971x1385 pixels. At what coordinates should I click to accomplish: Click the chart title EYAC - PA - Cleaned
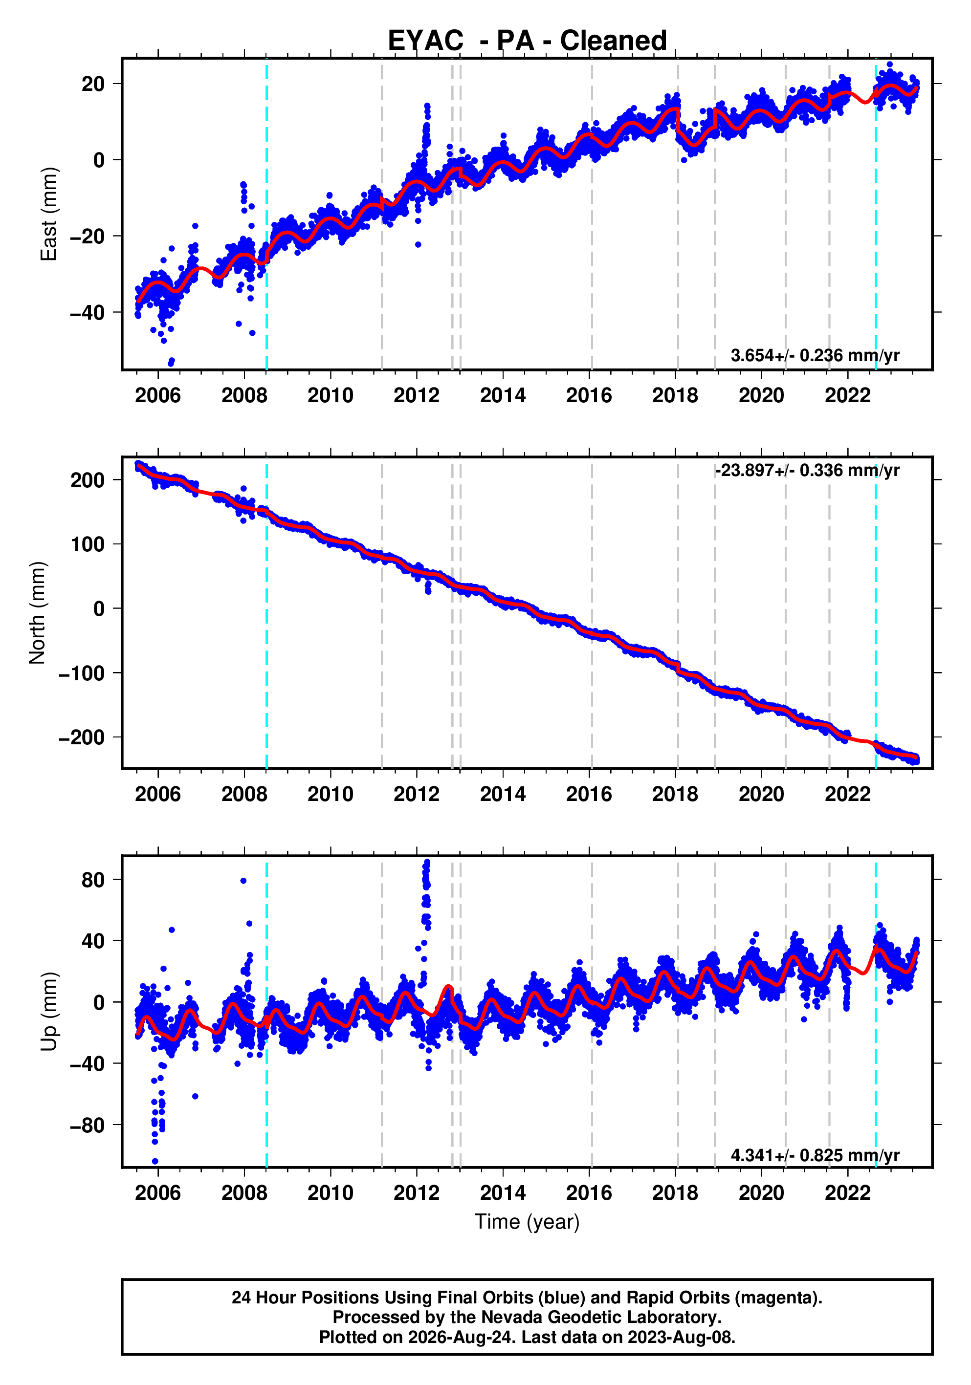pyautogui.click(x=527, y=41)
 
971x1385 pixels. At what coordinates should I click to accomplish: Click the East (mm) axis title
pyautogui.click(x=48, y=214)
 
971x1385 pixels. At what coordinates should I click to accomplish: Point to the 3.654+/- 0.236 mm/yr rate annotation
pyautogui.click(x=815, y=355)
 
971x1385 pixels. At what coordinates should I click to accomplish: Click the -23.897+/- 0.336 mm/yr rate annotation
pyautogui.click(x=807, y=470)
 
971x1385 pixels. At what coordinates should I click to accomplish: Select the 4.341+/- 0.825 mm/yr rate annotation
pyautogui.click(x=815, y=1155)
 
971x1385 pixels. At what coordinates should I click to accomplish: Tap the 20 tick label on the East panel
pyautogui.click(x=93, y=84)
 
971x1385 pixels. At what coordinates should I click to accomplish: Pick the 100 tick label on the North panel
pyautogui.click(x=88, y=544)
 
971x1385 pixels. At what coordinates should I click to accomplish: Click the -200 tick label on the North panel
pyautogui.click(x=82, y=737)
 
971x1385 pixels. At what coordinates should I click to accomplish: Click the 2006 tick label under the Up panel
pyautogui.click(x=158, y=1193)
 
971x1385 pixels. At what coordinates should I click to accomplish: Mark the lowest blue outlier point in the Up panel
pyautogui.click(x=155, y=1161)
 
